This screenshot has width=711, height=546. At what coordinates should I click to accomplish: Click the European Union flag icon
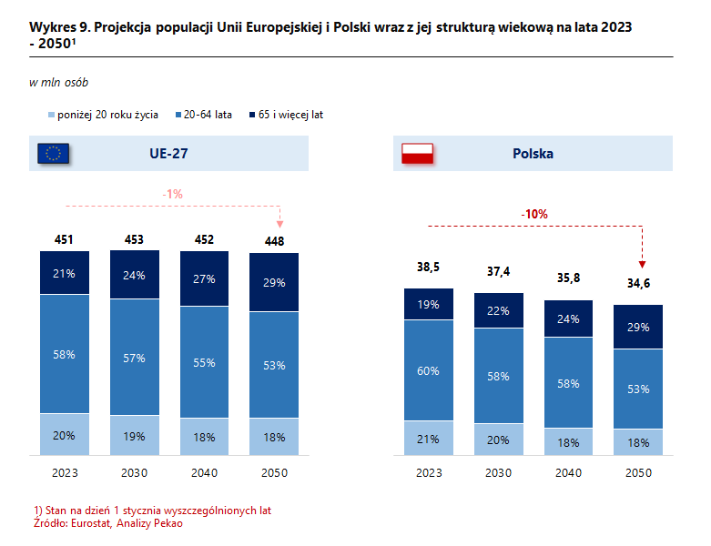tap(54, 153)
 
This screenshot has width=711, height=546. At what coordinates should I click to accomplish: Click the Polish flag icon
tap(420, 153)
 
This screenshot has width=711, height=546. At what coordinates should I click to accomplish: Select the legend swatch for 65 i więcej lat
tap(251, 116)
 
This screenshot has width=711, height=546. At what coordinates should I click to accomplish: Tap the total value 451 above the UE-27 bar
tap(64, 240)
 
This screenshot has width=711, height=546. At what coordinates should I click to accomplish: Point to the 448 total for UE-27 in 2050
tap(275, 241)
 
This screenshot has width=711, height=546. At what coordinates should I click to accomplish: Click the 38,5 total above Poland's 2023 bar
tap(429, 268)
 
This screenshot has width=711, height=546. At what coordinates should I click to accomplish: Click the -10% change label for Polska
tap(534, 214)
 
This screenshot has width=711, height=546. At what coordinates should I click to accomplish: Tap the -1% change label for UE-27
tap(173, 194)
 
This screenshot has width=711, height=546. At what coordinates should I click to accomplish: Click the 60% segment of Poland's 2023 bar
tap(429, 370)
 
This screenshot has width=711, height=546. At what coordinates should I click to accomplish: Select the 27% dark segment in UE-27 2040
tap(204, 279)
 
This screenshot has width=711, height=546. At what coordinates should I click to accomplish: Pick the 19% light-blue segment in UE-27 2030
tap(134, 436)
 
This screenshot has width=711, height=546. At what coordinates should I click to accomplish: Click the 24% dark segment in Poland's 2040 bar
tap(568, 318)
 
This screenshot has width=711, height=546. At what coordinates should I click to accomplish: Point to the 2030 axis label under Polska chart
tap(498, 473)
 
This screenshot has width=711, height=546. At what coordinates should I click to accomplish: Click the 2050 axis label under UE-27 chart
tap(275, 473)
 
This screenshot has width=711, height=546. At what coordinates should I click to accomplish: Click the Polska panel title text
tap(533, 154)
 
